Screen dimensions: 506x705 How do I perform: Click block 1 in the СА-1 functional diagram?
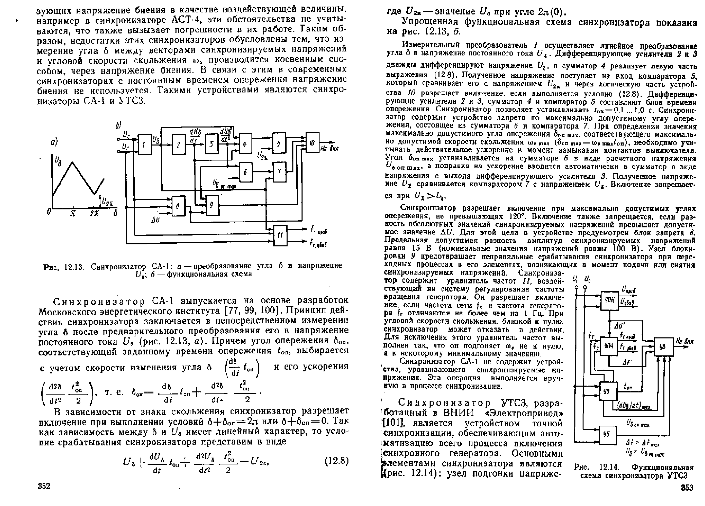tap(144, 144)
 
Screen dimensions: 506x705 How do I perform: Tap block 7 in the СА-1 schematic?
tap(279, 172)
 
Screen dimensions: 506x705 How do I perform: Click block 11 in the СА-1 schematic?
tap(280, 236)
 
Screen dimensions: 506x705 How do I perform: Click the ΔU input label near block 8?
tap(155, 220)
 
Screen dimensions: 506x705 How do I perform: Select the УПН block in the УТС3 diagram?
tap(609, 301)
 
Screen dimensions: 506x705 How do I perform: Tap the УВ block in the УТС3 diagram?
tap(664, 347)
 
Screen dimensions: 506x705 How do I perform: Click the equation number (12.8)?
tap(337, 461)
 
